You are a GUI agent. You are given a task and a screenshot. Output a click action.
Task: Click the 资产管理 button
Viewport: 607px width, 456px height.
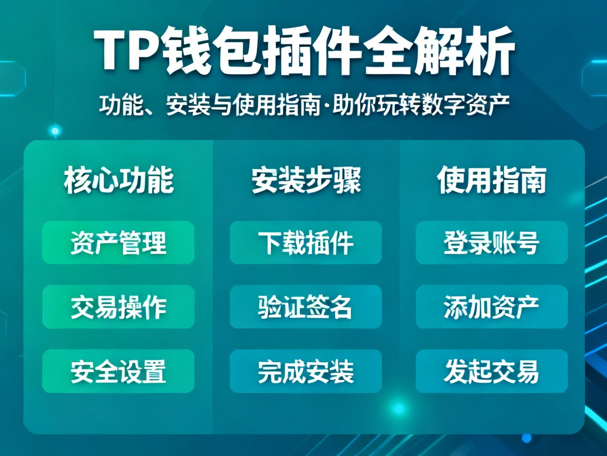coord(118,243)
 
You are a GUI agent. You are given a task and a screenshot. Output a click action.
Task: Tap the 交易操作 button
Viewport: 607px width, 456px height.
coord(118,307)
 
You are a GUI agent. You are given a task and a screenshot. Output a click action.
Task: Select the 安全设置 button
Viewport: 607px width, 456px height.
coord(118,371)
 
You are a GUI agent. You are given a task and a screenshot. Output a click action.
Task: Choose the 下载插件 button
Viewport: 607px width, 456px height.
coord(306,243)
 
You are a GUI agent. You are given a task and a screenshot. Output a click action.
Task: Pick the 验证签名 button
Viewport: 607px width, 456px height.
coord(306,307)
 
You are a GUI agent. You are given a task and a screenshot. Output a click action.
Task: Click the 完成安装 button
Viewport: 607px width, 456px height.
coord(306,371)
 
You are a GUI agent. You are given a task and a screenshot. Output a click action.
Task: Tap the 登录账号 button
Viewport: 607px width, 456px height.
coord(492,243)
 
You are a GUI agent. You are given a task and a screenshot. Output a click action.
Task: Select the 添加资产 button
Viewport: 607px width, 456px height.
coord(492,307)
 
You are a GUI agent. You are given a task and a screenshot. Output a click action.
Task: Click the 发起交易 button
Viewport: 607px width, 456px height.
coord(492,371)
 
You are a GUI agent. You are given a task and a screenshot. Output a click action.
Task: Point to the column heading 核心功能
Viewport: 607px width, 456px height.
coord(119,181)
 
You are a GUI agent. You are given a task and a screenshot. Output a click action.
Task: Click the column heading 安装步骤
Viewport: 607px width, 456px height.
coord(306,181)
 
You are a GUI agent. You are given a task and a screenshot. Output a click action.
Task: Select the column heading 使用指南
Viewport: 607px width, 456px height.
coord(492,181)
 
